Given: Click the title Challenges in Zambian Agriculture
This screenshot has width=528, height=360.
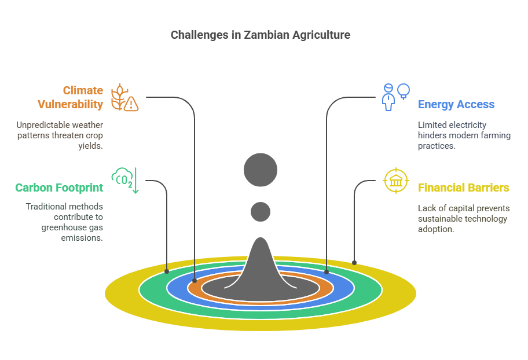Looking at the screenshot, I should [x=260, y=35].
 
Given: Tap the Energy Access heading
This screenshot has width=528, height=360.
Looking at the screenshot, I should [x=456, y=105].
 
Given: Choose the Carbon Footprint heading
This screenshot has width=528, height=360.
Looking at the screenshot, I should [x=59, y=188].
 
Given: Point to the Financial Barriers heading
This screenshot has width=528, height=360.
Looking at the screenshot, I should [x=463, y=188].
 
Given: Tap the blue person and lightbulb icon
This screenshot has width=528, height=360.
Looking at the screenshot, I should [x=396, y=96].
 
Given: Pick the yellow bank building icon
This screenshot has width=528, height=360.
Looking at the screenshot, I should [x=396, y=182].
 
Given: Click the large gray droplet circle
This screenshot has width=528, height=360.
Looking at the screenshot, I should [x=261, y=170].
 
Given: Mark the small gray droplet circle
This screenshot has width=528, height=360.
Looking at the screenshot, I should [x=261, y=211].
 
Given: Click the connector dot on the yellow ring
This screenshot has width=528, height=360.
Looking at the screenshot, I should [x=354, y=262].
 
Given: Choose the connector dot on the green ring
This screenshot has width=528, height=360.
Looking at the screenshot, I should [x=167, y=271].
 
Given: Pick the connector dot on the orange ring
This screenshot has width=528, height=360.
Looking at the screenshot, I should [x=195, y=280].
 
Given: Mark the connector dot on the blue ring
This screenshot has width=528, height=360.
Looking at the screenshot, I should [x=327, y=271].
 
